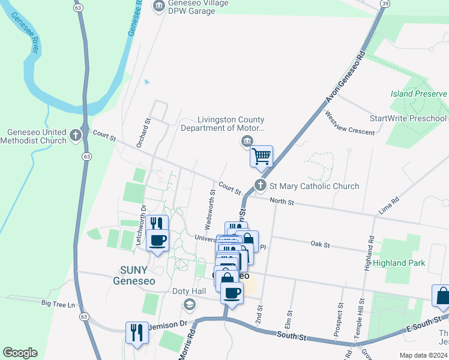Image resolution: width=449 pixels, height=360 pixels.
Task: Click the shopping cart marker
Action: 261,157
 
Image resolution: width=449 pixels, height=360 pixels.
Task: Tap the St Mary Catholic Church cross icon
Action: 261,185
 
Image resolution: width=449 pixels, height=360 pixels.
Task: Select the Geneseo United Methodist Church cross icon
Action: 75,134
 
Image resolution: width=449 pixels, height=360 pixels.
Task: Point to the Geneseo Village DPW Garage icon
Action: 159,6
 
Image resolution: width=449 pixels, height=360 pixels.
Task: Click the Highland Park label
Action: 399,263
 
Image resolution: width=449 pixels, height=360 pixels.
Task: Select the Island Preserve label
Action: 419,94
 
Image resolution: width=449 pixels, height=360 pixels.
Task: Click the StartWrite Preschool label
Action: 409,118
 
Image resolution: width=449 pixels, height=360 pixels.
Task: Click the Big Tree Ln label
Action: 58,304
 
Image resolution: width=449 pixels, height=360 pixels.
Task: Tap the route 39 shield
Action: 384,4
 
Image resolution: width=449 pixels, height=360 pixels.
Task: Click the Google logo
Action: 20,353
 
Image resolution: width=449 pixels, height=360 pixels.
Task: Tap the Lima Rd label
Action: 388,208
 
